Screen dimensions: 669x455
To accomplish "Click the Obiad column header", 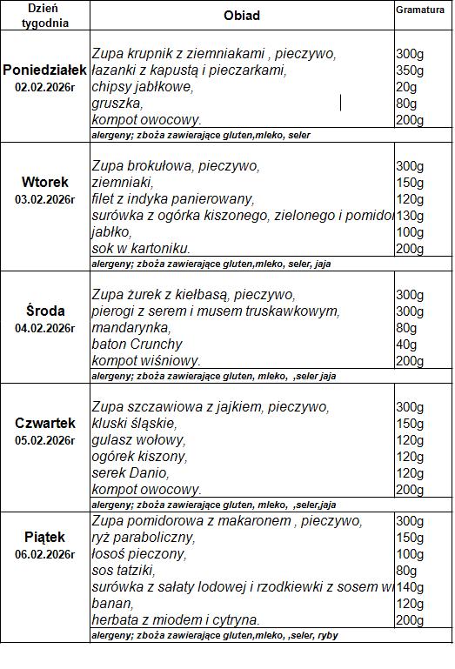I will point(241,16).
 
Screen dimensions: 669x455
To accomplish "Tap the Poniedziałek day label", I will point(44,70).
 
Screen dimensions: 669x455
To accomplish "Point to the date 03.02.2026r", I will point(44,199).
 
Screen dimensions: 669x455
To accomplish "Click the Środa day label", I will point(44,311).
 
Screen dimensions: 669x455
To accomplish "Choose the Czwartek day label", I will point(44,423).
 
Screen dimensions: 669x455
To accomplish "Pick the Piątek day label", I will point(44,537).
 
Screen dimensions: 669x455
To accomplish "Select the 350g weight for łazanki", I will point(410,70).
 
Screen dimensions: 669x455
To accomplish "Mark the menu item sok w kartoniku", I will point(141,249).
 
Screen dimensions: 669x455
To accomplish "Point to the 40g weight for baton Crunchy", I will point(406,345).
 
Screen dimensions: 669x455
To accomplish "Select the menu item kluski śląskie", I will point(134,424).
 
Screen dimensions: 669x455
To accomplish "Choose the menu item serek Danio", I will point(130,473).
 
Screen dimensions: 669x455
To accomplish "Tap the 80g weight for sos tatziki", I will point(406,571).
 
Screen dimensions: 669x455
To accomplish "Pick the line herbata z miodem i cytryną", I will point(175,620).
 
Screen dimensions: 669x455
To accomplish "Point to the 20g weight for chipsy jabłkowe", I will point(406,87).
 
